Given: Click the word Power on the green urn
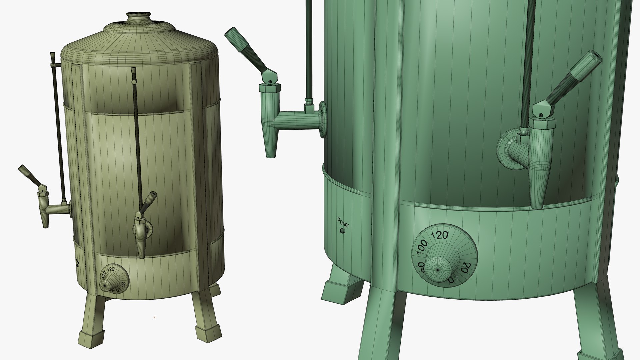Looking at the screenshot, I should pos(343,222).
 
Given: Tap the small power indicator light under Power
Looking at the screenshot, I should pos(342,231).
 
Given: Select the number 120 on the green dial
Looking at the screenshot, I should pos(440,235).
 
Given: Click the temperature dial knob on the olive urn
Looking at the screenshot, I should pos(107,285).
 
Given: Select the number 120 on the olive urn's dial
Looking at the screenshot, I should pos(111,269).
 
